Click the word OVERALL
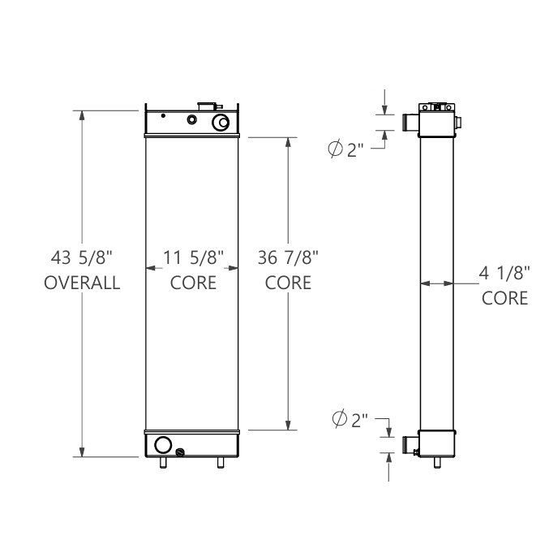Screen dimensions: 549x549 pyautogui.click(x=82, y=283)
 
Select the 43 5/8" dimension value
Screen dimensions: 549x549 pyautogui.click(x=82, y=258)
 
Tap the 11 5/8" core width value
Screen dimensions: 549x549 pyautogui.click(x=193, y=258)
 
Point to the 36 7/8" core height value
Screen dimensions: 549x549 pyautogui.click(x=289, y=258)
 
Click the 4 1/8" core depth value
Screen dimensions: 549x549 pyautogui.click(x=505, y=274)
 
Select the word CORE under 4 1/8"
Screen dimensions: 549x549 pyautogui.click(x=505, y=298)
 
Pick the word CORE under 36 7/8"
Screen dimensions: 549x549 pyautogui.click(x=289, y=283)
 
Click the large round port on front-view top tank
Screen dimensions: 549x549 pyautogui.click(x=221, y=123)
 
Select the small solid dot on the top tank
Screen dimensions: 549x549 pyautogui.click(x=164, y=115)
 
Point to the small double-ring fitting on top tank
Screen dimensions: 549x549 pyautogui.click(x=192, y=120)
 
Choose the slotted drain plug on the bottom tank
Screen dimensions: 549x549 pyautogui.click(x=179, y=452)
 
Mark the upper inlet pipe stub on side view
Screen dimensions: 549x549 pyautogui.click(x=410, y=123)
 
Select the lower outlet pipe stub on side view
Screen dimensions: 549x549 pyautogui.click(x=410, y=443)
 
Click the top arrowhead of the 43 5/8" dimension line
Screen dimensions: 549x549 pyautogui.click(x=82, y=115)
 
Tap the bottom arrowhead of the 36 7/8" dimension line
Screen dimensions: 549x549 pyautogui.click(x=289, y=425)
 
